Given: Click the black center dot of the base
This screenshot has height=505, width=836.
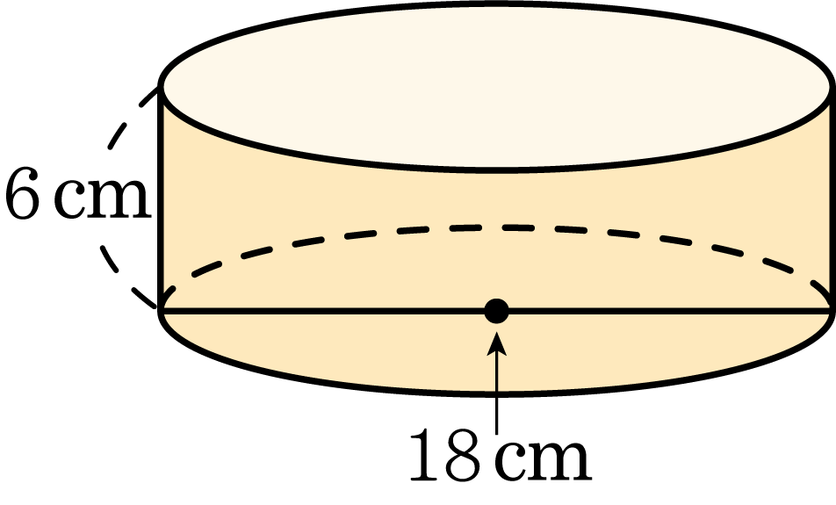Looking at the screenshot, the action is [496, 311].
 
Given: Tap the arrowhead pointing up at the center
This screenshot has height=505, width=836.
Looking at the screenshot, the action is [496, 343].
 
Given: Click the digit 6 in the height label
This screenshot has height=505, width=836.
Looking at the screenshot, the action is [23, 192].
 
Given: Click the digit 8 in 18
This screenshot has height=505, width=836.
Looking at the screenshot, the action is [462, 453].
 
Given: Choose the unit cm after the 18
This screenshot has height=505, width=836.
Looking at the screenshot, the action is [543, 458].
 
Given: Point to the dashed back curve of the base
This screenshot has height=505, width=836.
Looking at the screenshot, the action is [496, 227].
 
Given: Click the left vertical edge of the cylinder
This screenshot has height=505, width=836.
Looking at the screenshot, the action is [160, 198].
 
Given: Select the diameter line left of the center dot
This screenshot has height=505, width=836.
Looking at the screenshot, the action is [322, 311].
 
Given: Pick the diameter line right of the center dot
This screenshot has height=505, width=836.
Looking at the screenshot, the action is [671, 311].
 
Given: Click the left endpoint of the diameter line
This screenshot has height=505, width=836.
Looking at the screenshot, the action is [161, 311].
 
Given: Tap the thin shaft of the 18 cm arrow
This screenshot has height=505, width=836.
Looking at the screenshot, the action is [496, 393].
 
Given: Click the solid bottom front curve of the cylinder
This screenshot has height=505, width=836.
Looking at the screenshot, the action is [496, 393].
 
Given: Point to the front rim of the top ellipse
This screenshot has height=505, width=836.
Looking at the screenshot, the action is [496, 170].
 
